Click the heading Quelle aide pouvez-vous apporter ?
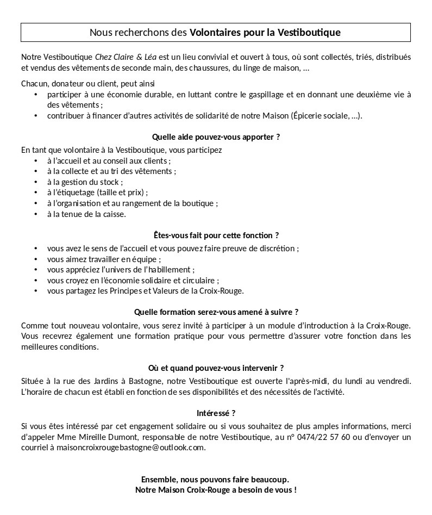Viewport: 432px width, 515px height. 216,137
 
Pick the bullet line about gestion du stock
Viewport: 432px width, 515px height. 85,182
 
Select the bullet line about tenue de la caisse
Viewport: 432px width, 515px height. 86,214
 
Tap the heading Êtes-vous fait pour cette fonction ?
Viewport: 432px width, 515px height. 216,235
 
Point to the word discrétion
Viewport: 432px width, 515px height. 278,248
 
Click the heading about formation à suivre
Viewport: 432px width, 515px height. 216,312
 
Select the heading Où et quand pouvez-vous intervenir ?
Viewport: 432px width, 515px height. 216,368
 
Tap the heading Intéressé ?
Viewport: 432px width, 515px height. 216,413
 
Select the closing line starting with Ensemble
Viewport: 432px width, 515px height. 216,480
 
